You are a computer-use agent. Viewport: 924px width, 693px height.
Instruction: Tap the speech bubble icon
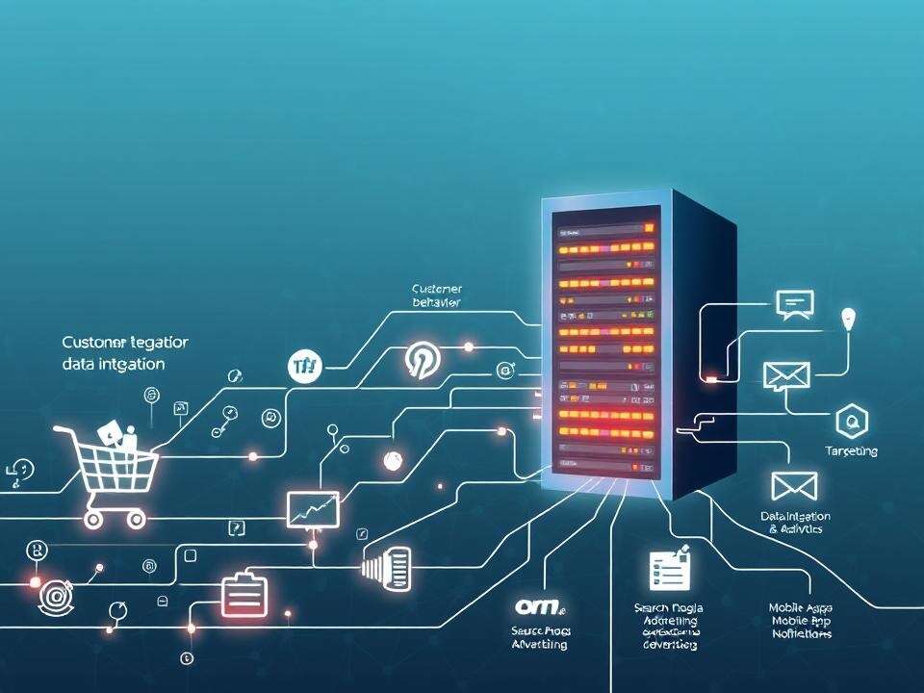794,304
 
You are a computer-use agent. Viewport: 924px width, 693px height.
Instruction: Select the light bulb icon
847,319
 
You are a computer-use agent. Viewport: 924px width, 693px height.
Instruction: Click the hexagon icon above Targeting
851,420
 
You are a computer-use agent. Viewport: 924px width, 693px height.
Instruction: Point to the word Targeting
851,451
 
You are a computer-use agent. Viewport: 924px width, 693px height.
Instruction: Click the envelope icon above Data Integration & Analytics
794,486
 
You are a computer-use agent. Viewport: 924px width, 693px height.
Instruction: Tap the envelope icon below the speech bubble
787,375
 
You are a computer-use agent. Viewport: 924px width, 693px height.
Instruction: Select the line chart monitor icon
313,508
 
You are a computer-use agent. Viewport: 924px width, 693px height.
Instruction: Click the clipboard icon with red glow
242,595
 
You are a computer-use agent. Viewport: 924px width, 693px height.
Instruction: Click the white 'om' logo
540,606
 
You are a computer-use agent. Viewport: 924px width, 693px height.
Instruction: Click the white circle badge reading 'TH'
304,366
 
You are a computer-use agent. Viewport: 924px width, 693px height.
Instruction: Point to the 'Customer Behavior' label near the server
437,295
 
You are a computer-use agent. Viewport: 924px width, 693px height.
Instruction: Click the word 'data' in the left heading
78,365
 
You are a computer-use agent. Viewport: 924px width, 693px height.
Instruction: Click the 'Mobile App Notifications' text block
801,621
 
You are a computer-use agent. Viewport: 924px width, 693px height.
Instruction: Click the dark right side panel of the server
703,346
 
